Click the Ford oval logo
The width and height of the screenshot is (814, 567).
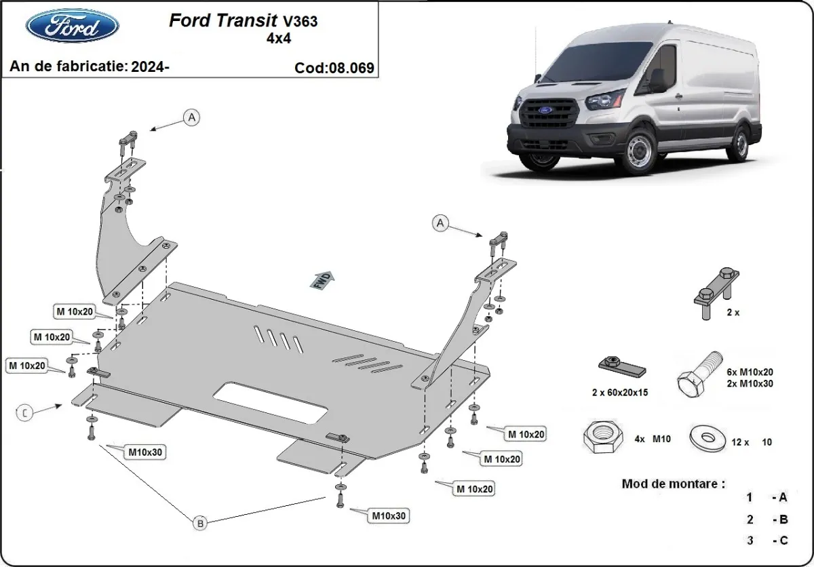coord(72,26)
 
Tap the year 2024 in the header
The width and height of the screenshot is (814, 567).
coord(151,66)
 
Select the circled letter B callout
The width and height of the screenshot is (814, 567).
coord(200,522)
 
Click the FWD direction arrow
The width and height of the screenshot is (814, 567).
coord(324,279)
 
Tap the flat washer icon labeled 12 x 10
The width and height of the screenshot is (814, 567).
coord(705,437)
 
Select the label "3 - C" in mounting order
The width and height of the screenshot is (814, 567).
coord(767,541)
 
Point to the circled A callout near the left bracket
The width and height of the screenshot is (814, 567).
coord(192,118)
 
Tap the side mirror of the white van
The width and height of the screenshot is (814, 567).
coord(657,81)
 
